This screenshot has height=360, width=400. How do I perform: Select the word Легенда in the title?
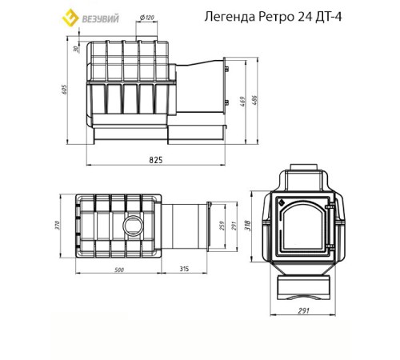pos(234,17)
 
